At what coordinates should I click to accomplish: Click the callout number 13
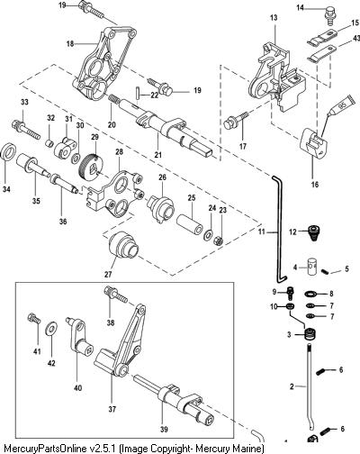[x=274, y=18]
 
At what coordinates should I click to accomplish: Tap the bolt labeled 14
[x=329, y=14]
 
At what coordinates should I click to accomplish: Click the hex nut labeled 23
[x=218, y=241]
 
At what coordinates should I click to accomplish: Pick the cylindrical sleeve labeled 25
[x=191, y=223]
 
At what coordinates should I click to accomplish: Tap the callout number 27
[x=108, y=275]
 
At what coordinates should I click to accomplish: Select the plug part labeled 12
[x=313, y=232]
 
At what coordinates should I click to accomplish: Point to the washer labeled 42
[x=51, y=330]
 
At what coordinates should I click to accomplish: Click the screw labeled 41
[x=33, y=319]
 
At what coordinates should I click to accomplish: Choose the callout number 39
[x=164, y=430]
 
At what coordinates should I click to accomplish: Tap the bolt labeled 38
[x=115, y=295]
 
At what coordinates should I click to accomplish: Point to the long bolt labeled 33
[x=26, y=130]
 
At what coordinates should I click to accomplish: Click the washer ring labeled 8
[x=310, y=294]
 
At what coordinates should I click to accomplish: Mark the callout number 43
[x=355, y=39]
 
